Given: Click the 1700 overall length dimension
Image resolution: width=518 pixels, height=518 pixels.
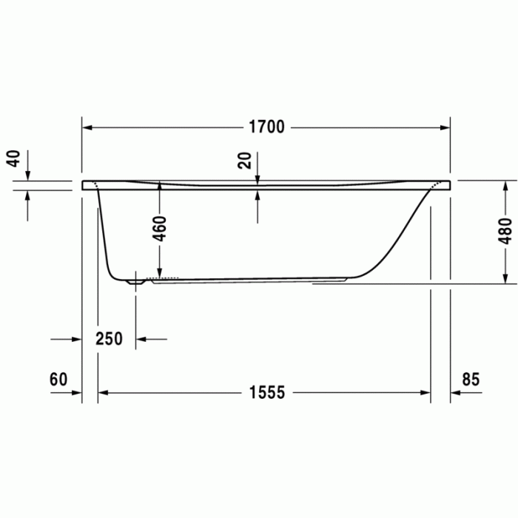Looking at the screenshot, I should [266, 127].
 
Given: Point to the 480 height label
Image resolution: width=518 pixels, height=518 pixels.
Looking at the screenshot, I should [505, 231].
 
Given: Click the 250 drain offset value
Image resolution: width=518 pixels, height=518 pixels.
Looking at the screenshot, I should [109, 339].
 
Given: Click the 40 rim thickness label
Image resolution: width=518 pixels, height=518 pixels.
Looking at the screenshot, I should [13, 158].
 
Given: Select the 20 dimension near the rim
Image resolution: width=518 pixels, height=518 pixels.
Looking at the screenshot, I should [244, 159].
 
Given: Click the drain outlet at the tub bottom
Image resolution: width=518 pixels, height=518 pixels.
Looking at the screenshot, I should [135, 281].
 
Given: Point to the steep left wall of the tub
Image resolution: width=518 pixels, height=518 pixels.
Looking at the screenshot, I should [104, 237].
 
